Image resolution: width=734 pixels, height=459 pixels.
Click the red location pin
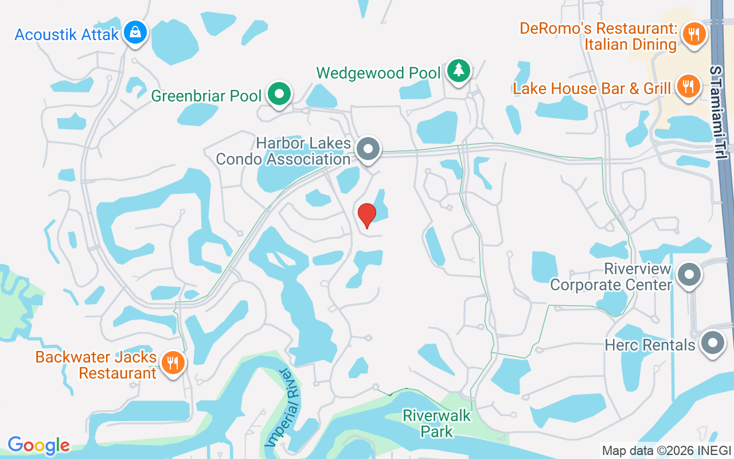coord(366,215)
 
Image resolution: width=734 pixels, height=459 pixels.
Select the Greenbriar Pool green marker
coord(279,94)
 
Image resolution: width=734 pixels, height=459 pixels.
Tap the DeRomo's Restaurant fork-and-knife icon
coord(694,33)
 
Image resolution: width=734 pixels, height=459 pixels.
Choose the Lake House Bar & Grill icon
coord(687,86)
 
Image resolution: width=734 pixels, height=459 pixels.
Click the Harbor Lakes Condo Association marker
coord(368,149)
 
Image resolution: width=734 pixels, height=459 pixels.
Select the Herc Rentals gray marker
coord(713,343)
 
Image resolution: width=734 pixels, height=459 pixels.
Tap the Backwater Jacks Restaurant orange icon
coord(171,363)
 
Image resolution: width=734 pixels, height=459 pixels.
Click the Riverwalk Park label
coord(437,423)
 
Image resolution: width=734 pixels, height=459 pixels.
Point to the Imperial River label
coord(283,408)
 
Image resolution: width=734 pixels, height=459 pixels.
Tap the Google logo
coord(38,445)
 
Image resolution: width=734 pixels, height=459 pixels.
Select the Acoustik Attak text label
coord(67,34)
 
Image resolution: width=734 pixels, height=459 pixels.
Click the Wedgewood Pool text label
coord(378,73)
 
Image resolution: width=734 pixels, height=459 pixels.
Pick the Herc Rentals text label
coord(650,345)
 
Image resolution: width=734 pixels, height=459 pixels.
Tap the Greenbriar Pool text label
coord(206,96)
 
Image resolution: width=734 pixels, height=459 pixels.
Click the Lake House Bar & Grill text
coord(592,89)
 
